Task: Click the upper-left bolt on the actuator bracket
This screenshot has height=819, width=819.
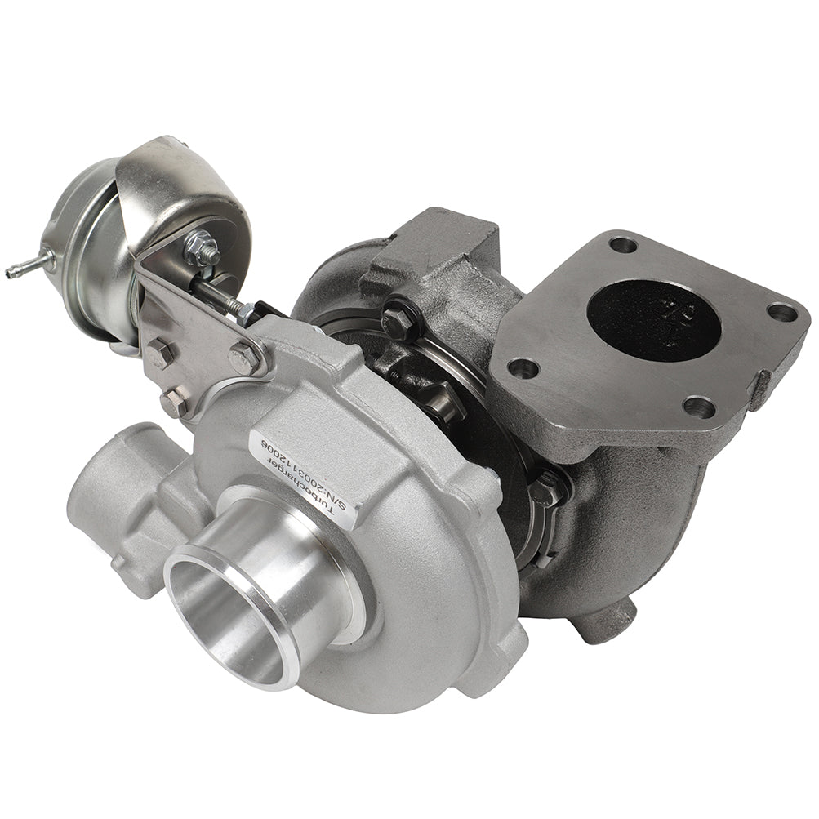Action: point(160,354)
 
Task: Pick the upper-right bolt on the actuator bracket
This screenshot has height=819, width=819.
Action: point(243,358)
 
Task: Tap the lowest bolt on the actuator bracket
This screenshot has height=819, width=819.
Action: point(173,403)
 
